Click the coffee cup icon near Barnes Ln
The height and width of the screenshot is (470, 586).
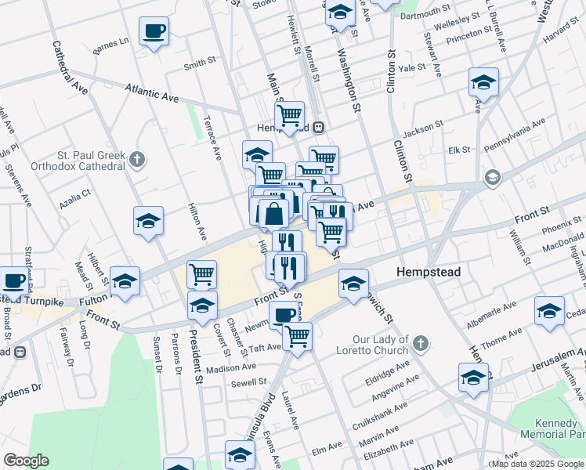pos(153,32)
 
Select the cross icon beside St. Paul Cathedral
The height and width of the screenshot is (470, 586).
pos(138,160)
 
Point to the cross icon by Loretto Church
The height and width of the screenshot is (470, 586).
pos(421,343)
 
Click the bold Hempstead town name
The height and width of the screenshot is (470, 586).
pos(428,272)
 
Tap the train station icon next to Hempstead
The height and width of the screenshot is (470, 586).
pos(319,128)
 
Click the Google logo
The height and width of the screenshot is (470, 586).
pos(25,461)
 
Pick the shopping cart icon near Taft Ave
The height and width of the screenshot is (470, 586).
pos(297,336)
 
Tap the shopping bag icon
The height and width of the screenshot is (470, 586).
pos(273,213)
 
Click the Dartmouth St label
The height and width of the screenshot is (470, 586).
pos(426,16)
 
